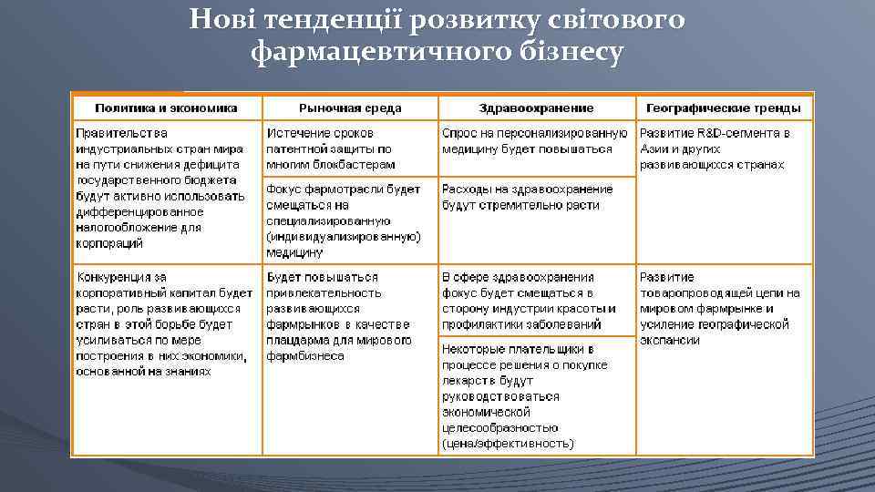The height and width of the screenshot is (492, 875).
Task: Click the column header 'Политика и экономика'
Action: [166, 108]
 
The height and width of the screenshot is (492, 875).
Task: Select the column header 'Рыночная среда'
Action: [350, 108]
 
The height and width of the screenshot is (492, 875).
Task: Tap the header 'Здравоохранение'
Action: [535, 108]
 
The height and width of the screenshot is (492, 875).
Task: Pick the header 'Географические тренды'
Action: [725, 108]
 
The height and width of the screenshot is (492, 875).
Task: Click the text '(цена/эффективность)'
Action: [508, 444]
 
